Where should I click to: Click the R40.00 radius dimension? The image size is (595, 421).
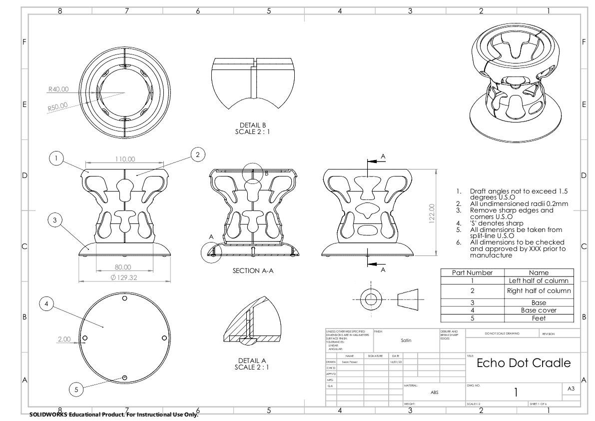(x=58, y=89)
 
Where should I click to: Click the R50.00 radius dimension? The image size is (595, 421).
(x=58, y=107)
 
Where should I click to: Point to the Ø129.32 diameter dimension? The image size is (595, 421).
(x=123, y=277)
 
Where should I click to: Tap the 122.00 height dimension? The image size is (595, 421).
(x=432, y=213)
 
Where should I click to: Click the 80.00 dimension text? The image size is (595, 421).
(x=122, y=267)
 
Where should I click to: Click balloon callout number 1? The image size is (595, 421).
(x=57, y=158)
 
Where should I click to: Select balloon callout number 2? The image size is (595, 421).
(x=198, y=155)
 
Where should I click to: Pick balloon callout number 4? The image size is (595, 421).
(x=46, y=303)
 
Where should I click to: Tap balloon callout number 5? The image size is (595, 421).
(x=76, y=390)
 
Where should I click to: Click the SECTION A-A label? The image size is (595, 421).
(x=254, y=270)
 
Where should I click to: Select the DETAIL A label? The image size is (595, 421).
(x=253, y=360)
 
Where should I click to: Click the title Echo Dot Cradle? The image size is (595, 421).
(x=523, y=363)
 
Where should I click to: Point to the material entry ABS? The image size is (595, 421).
(x=434, y=392)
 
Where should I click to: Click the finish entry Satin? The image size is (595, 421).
(x=406, y=340)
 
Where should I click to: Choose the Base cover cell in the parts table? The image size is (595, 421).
(x=539, y=310)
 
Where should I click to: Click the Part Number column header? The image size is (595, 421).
(x=472, y=272)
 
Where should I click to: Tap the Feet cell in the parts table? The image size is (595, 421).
(x=539, y=318)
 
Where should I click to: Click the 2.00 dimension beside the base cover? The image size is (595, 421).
(x=64, y=339)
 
